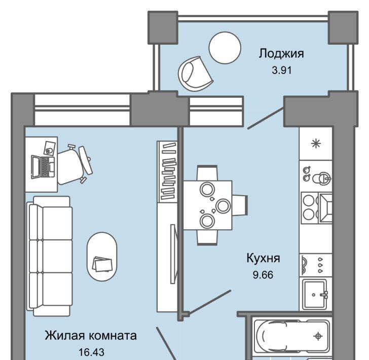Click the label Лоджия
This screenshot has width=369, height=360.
[x=281, y=54]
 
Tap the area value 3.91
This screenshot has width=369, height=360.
[x=282, y=70]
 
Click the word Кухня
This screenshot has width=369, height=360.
[x=263, y=258]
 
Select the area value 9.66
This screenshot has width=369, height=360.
[x=263, y=275]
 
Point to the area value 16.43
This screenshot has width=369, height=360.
[x=91, y=352]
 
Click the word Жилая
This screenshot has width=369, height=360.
[x=64, y=335]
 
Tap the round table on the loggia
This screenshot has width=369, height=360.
[x=225, y=48]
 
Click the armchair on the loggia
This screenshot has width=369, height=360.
[x=195, y=74]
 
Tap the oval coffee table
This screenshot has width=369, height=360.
[x=102, y=257]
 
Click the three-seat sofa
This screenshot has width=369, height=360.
[x=50, y=256]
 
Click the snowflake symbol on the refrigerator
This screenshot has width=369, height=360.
[x=316, y=143]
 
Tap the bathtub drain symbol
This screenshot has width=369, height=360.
[x=318, y=336]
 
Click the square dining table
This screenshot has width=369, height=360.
[x=208, y=205]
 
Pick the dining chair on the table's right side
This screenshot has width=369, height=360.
[x=240, y=205]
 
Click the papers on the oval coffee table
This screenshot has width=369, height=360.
[x=102, y=264]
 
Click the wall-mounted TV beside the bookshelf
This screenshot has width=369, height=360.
[x=173, y=254]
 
